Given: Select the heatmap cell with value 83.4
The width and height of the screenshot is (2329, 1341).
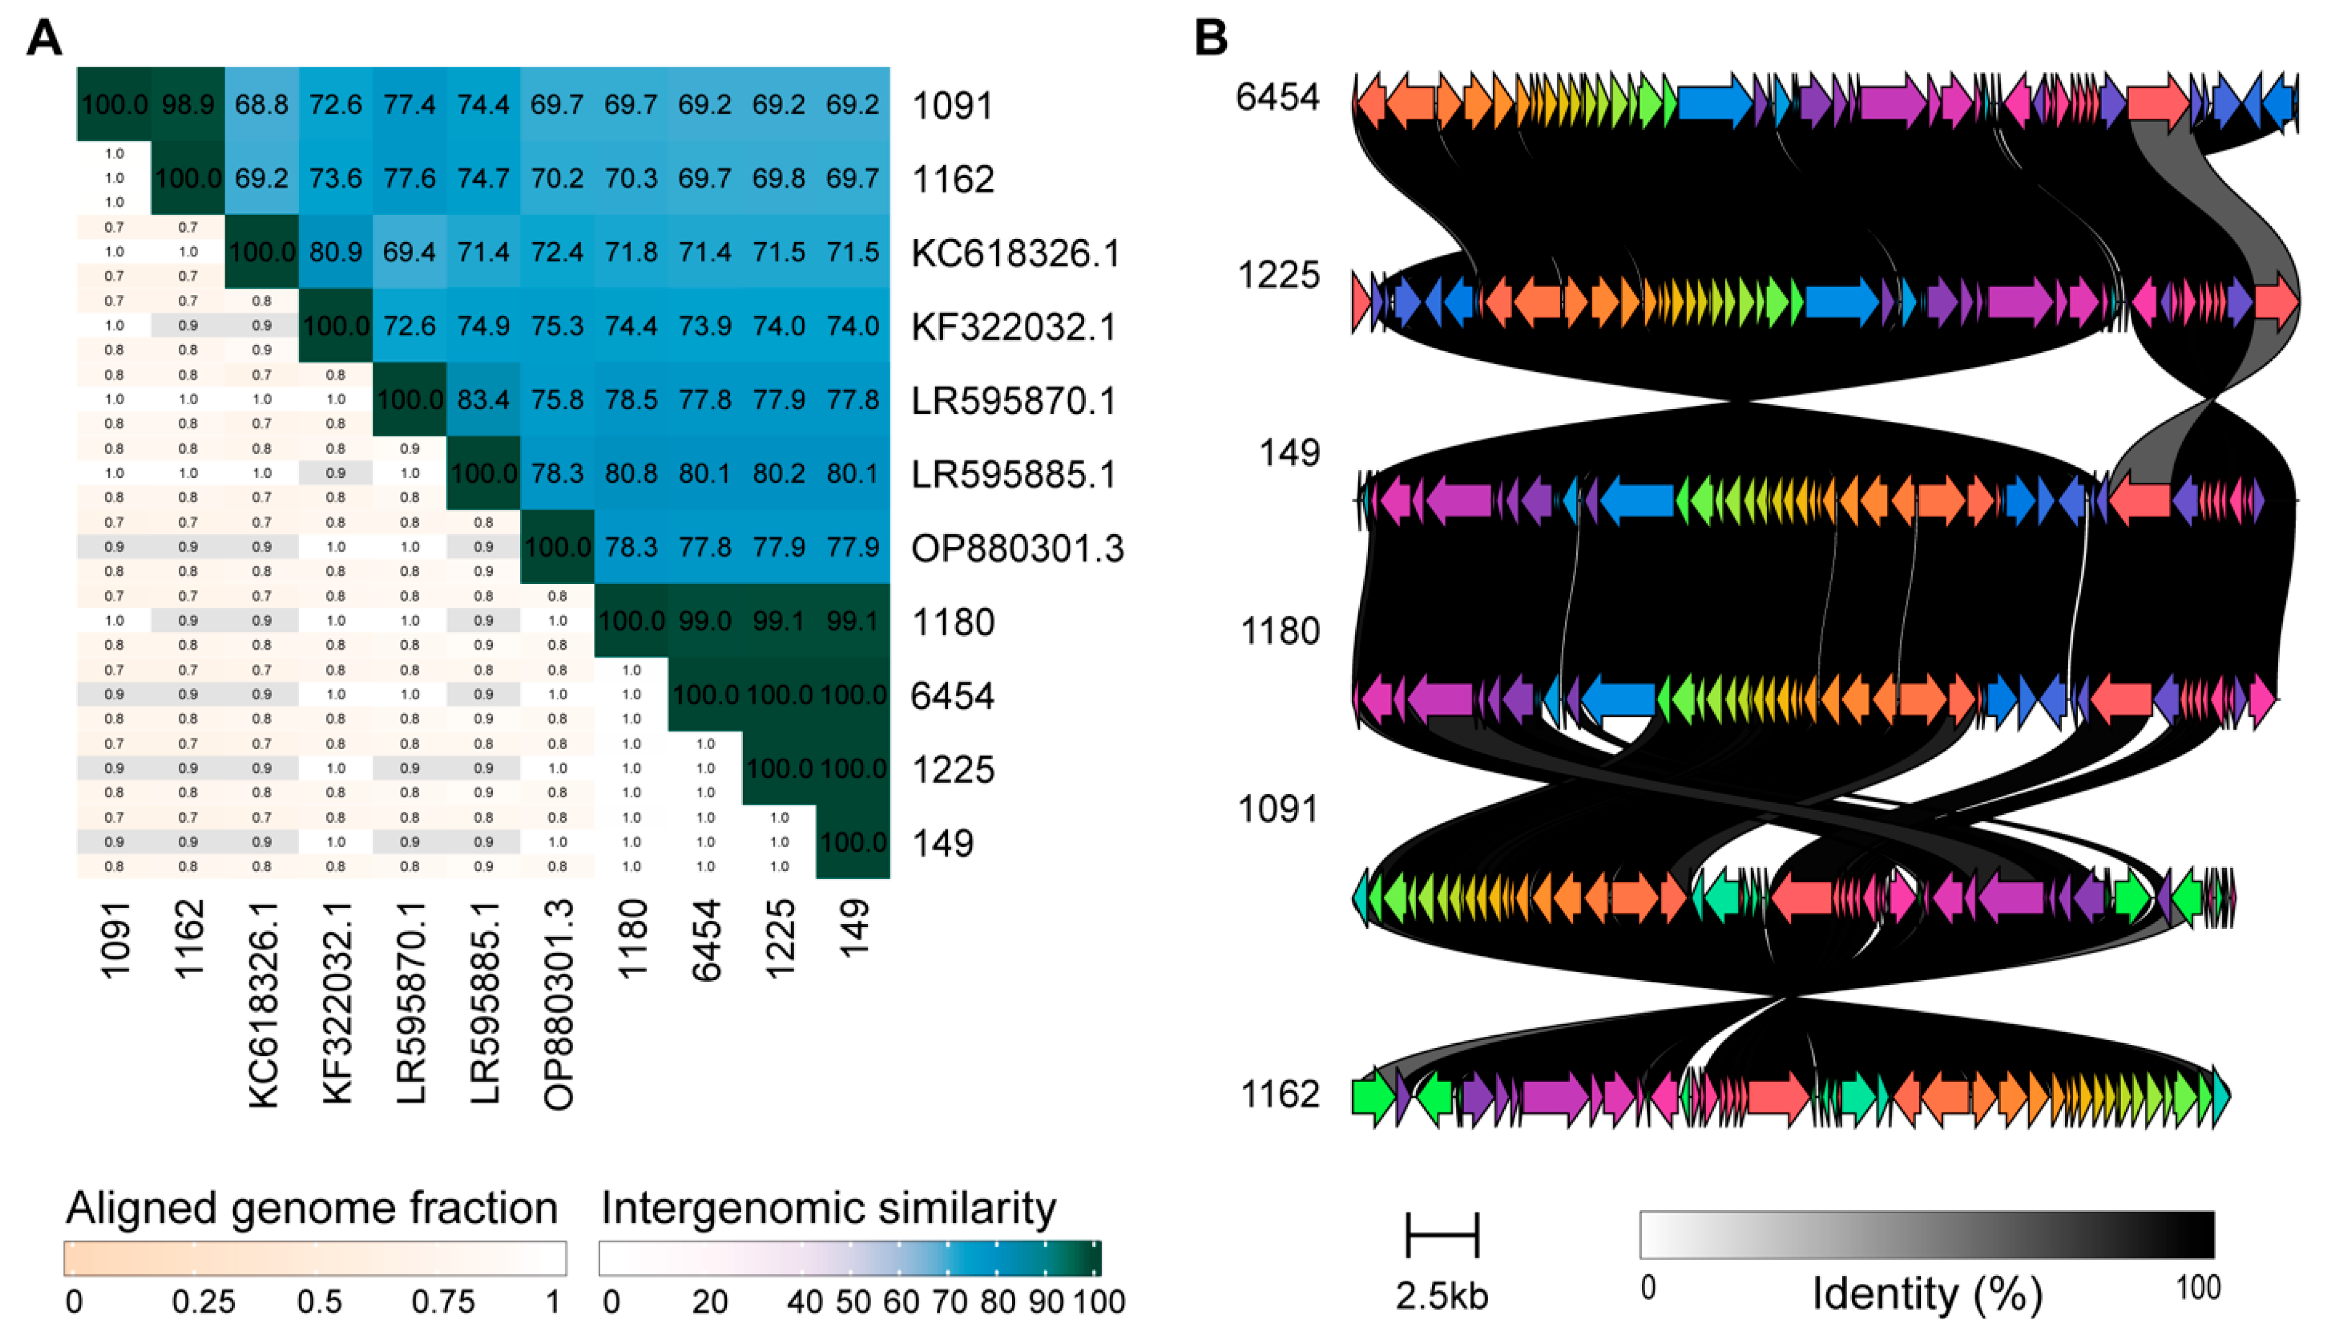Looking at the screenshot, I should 484,399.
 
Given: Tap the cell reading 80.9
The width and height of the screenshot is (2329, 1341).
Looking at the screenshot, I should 336,252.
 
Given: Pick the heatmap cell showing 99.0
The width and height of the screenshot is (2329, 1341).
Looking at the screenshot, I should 705,621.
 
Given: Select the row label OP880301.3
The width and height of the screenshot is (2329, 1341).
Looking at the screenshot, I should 1016,548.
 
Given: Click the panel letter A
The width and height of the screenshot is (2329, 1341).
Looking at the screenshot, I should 44,39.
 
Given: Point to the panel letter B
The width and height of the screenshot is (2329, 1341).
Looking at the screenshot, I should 1210,39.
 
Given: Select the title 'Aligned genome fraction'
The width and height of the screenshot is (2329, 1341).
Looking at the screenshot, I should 311,1207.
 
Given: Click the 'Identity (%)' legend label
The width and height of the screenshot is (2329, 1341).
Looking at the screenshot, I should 1927,1294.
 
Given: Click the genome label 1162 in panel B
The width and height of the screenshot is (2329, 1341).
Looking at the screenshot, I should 1280,1094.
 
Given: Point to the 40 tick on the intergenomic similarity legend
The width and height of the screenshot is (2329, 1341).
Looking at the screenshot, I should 804,1301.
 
